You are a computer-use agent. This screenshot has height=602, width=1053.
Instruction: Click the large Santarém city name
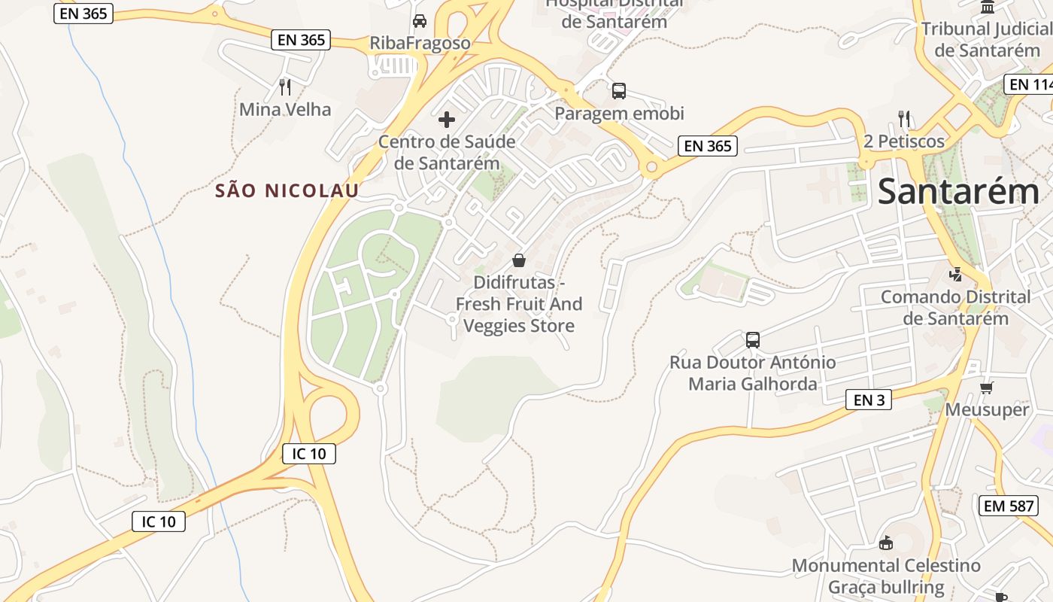click(x=958, y=191)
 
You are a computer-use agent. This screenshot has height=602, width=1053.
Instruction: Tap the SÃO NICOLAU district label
click(x=287, y=191)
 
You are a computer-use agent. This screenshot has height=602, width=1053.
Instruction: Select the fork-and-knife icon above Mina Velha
click(x=285, y=87)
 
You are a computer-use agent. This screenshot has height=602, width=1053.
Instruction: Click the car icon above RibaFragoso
click(x=420, y=21)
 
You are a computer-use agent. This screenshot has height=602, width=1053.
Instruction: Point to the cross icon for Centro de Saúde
click(x=447, y=120)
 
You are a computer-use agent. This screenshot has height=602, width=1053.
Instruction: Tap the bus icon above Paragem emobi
click(x=619, y=91)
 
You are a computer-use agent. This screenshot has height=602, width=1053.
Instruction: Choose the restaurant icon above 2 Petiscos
click(x=904, y=119)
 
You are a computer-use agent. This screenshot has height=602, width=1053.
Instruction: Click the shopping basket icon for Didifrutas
click(x=519, y=261)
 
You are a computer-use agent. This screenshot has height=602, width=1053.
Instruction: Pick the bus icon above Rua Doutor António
click(x=753, y=340)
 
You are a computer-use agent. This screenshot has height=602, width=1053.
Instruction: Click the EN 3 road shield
click(x=869, y=400)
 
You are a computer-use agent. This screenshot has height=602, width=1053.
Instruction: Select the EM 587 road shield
click(x=1009, y=506)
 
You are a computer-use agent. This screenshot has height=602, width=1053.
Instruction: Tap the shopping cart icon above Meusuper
click(x=987, y=388)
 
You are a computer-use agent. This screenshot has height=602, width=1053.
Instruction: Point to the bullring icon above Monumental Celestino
click(x=886, y=543)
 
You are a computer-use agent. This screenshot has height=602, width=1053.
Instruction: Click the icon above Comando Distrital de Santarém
click(x=956, y=275)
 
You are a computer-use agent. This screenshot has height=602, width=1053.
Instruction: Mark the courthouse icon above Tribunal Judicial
click(x=988, y=7)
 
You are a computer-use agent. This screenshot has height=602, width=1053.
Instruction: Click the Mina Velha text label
click(x=285, y=110)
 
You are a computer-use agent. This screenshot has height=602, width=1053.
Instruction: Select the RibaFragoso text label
click(x=420, y=44)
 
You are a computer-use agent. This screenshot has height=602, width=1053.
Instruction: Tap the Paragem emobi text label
click(x=620, y=114)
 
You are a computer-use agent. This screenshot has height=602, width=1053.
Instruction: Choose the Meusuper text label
click(x=987, y=410)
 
